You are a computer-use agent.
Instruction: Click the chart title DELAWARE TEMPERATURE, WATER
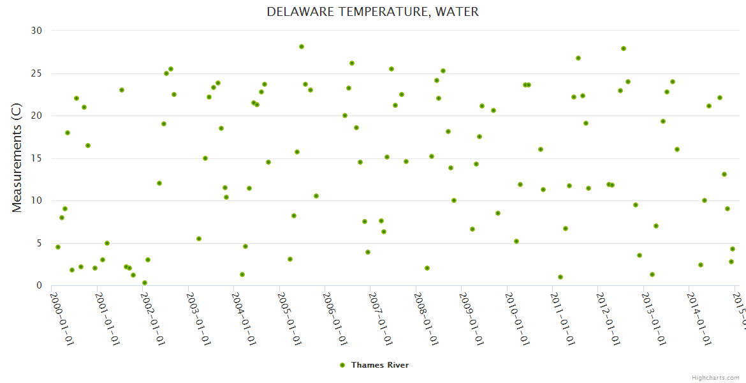[x=372, y=11]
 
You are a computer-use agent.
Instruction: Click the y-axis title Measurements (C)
[x=17, y=158]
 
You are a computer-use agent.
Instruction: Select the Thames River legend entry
[x=374, y=365]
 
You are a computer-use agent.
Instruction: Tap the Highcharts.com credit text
[x=716, y=378]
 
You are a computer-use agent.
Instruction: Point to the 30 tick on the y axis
[x=36, y=31]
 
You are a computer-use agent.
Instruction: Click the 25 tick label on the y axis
[x=36, y=73]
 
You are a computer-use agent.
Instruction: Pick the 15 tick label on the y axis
[x=36, y=158]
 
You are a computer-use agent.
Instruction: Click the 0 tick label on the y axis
[x=39, y=286]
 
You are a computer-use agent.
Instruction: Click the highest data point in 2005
[x=302, y=47]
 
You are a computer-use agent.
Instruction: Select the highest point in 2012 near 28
[x=624, y=49]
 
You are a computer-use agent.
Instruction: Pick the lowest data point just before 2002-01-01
[x=145, y=283]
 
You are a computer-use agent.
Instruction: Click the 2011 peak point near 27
[x=578, y=58]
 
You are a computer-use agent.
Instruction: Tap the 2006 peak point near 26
[x=352, y=63]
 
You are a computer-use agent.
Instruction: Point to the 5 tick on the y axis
[x=39, y=243]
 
